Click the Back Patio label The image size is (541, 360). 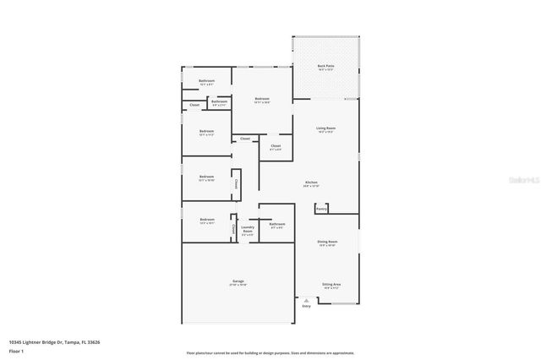pos(325,66)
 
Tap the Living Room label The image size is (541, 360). pos(326,128)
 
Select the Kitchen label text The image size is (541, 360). pos(311,183)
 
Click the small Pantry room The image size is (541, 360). pos(321,208)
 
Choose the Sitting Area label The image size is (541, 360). pos(331,285)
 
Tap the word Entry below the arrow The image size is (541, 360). pos(306,306)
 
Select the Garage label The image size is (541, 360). pos(238,281)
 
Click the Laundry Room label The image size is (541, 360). pos(248,228)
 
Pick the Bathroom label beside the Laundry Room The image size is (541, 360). pos(277,224)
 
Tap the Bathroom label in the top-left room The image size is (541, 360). pos(207,80)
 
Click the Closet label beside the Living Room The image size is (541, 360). pos(276,146)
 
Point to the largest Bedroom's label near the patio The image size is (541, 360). pos(262,99)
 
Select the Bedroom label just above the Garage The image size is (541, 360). pos(207,220)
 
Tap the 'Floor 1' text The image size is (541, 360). pos(16,350)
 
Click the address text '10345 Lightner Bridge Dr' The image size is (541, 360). pos(34,341)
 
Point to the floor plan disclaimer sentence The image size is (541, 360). pos(270,353)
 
